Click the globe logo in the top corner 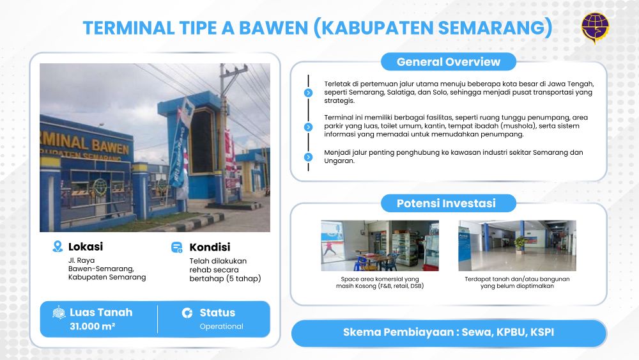pyautogui.click(x=595, y=27)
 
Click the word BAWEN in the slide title pyautogui.click(x=273, y=28)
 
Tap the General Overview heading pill pyautogui.click(x=449, y=62)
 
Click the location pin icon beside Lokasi pyautogui.click(x=58, y=246)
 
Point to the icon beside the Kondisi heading pyautogui.click(x=177, y=247)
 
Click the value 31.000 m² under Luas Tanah pyautogui.click(x=93, y=326)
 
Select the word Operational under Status pyautogui.click(x=221, y=326)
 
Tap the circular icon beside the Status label pyautogui.click(x=187, y=313)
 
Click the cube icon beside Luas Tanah pyautogui.click(x=59, y=313)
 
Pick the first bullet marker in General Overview pyautogui.click(x=309, y=93)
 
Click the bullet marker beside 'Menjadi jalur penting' pyautogui.click(x=309, y=157)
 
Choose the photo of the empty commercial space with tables pyautogui.click(x=380, y=246)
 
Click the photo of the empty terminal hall pyautogui.click(x=517, y=246)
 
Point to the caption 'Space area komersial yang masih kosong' pyautogui.click(x=380, y=283)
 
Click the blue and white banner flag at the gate pyautogui.click(x=180, y=143)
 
